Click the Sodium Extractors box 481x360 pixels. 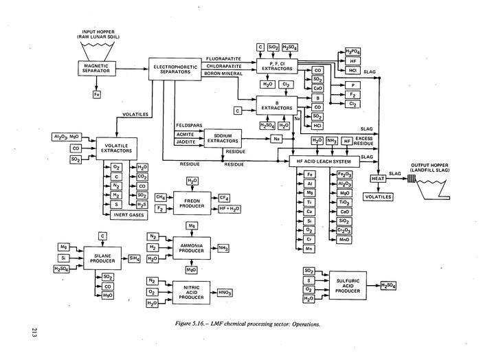(x=224, y=138)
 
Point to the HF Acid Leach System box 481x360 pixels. (x=322, y=160)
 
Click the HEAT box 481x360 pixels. (x=377, y=179)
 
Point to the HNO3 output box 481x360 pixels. (x=225, y=292)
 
